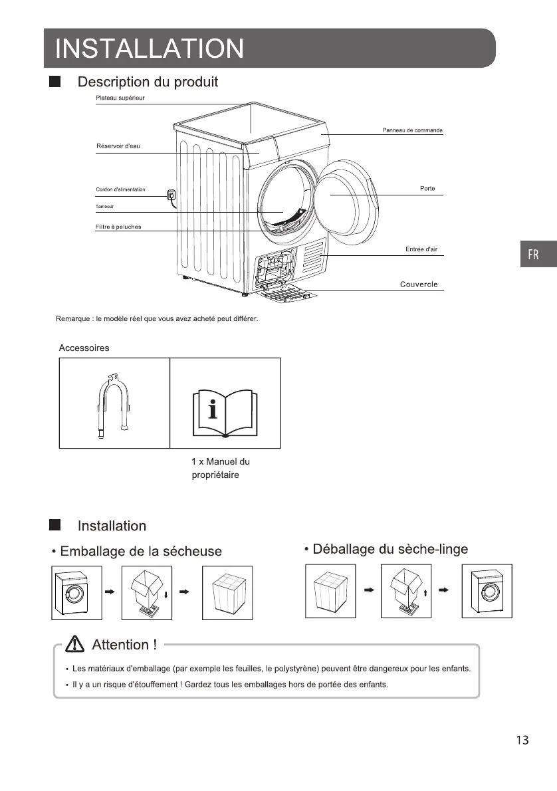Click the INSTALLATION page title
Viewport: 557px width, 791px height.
[x=150, y=49]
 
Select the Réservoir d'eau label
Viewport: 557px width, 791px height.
[x=118, y=146]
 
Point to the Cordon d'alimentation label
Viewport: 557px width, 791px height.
[x=120, y=190]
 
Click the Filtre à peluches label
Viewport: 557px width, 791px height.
[x=118, y=227]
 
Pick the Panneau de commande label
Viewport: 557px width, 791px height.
[x=412, y=130]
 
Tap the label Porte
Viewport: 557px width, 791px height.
[x=427, y=189]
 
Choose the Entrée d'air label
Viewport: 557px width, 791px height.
[x=421, y=249]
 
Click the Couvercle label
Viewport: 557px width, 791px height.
[x=419, y=284]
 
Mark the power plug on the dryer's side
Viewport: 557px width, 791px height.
[x=170, y=195]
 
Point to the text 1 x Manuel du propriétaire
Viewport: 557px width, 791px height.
[x=220, y=469]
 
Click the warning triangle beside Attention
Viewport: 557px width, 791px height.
[x=76, y=644]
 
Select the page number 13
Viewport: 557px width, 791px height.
[x=522, y=740]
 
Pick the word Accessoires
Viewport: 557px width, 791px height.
[x=84, y=348]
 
